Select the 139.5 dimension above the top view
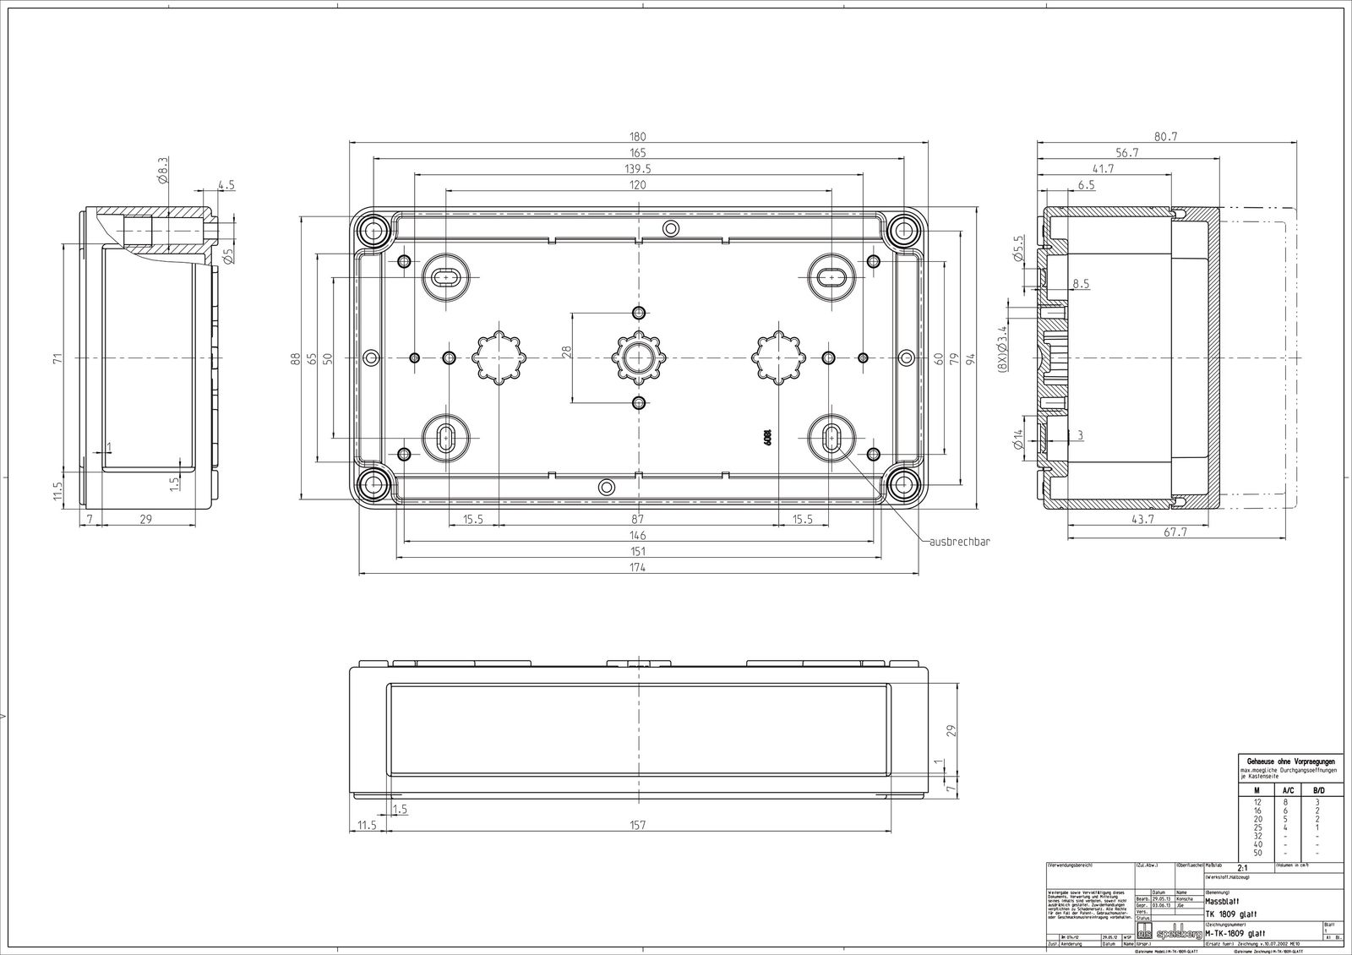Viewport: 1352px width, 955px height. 637,169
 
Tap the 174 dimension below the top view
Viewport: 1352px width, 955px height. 637,568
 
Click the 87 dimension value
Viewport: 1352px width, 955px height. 637,520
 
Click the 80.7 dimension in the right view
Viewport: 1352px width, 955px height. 1167,137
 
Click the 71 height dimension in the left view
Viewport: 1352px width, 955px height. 57,357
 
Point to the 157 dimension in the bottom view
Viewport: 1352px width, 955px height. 637,825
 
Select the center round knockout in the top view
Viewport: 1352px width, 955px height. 638,357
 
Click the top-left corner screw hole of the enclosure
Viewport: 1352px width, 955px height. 372,230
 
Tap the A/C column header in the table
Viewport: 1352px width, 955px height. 1288,789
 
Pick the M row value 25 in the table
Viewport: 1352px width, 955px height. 1257,827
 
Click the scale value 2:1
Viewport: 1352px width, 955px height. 1242,868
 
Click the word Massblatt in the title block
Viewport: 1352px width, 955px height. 1223,903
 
